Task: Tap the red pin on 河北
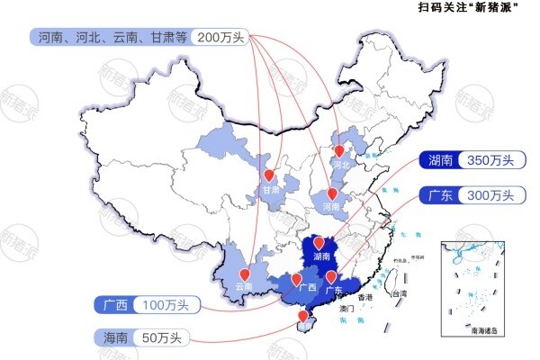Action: [x=339, y=152]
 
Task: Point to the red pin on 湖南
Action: [x=316, y=242]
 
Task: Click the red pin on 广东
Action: [x=331, y=276]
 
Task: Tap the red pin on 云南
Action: [x=244, y=275]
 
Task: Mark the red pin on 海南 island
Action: [x=301, y=316]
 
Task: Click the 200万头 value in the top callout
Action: [x=219, y=38]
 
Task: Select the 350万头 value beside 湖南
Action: [x=490, y=160]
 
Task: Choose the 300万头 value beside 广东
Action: [x=490, y=195]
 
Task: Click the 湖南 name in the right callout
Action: [x=440, y=160]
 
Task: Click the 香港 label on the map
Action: [x=364, y=297]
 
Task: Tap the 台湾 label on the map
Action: [x=397, y=294]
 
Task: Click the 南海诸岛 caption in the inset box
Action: [x=487, y=330]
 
